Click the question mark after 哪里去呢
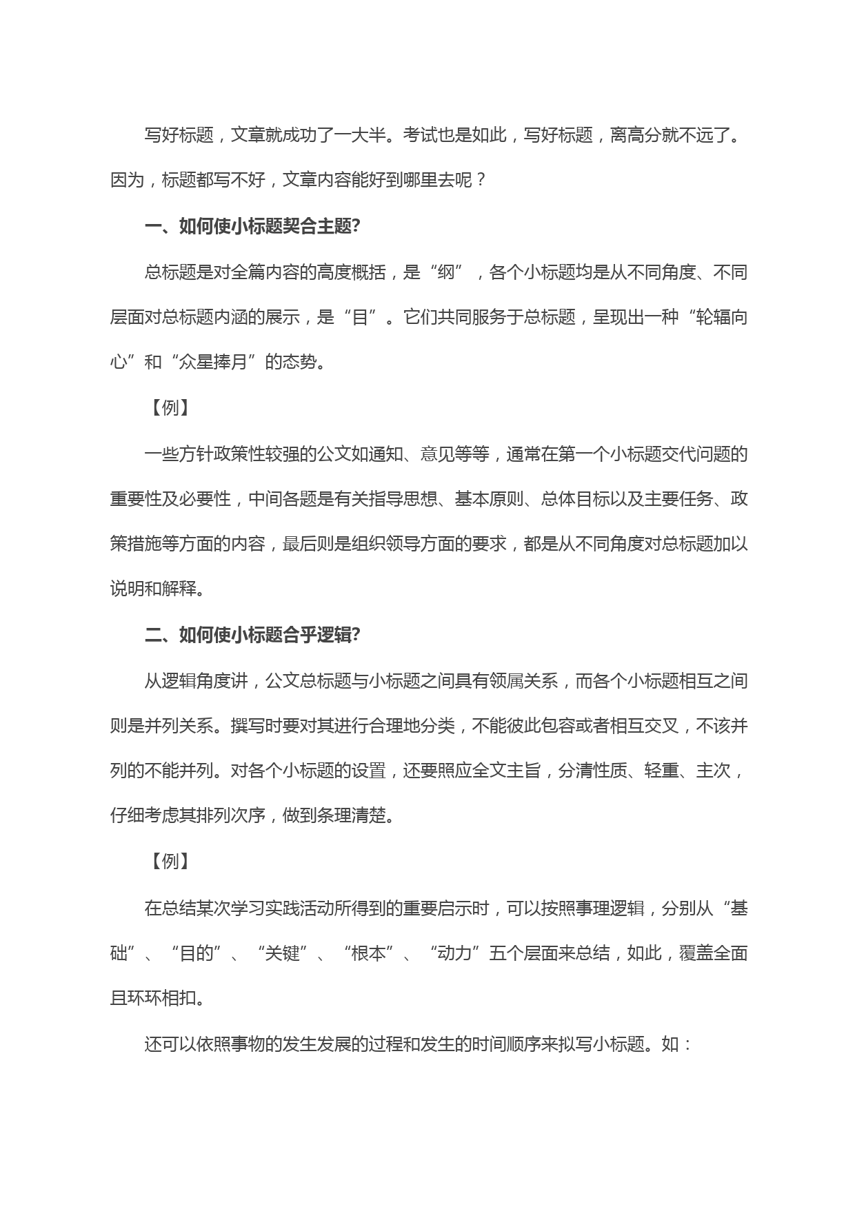(x=481, y=181)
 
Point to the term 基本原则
(x=489, y=498)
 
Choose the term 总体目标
(x=575, y=498)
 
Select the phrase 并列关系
(x=179, y=727)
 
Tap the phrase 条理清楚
(x=351, y=816)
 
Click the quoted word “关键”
(x=282, y=953)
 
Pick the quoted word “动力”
(x=454, y=953)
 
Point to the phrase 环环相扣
(x=161, y=998)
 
